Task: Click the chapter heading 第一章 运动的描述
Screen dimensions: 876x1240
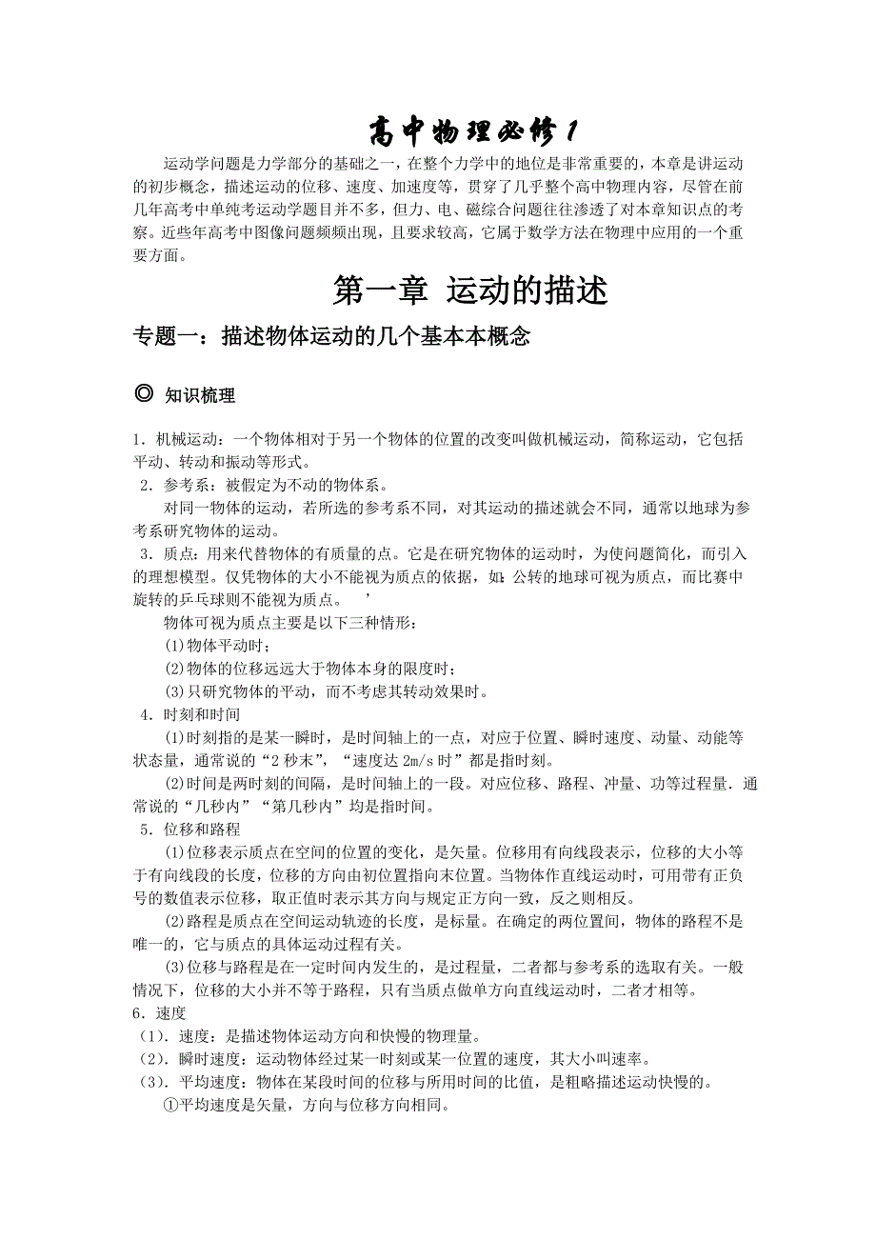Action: pyautogui.click(x=469, y=290)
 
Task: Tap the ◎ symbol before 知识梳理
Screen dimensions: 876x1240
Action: pyautogui.click(x=144, y=393)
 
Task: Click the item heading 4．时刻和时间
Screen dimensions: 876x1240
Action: pyautogui.click(x=190, y=713)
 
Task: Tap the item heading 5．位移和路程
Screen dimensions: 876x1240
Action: pyautogui.click(x=190, y=829)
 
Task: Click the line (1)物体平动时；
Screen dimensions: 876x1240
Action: pyautogui.click(x=218, y=646)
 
